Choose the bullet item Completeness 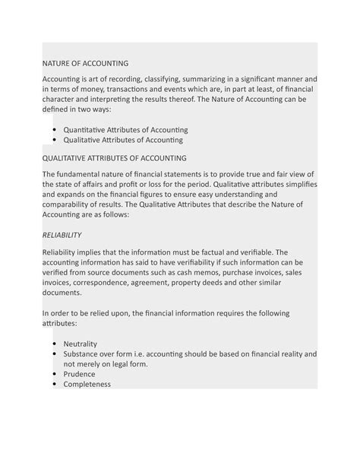point(87,384)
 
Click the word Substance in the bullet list point(84,353)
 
